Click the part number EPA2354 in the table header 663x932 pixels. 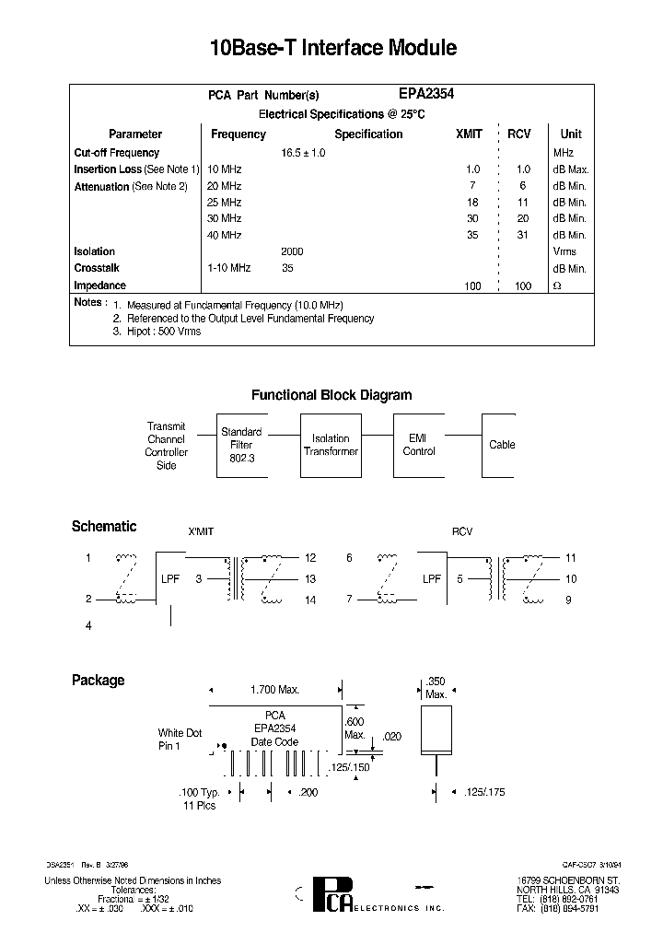click(425, 94)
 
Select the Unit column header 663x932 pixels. click(570, 134)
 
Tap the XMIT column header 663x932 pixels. click(469, 134)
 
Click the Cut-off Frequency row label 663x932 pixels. click(116, 153)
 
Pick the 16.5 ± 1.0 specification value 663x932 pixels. click(303, 153)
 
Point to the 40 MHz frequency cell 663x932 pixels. click(225, 235)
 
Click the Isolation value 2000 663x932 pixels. click(292, 251)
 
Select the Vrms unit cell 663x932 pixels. click(564, 251)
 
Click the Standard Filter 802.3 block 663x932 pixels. click(241, 445)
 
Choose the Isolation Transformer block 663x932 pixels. click(331, 445)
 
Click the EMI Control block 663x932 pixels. click(420, 445)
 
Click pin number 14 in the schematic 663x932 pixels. click(309, 600)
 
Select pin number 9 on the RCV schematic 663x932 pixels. click(570, 600)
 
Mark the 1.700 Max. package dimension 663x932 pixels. click(275, 690)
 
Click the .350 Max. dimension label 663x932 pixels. click(436, 687)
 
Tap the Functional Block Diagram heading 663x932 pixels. click(331, 395)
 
